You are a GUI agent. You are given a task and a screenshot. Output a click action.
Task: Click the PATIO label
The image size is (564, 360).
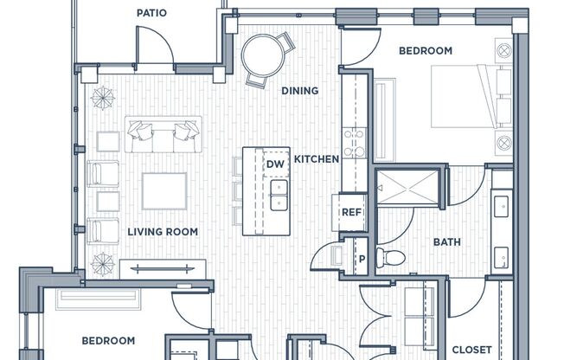151,13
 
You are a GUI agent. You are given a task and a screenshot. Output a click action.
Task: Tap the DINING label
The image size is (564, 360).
299,91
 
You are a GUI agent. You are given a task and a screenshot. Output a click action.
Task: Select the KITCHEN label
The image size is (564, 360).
317,159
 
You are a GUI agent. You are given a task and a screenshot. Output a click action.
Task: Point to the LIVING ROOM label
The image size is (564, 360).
163,232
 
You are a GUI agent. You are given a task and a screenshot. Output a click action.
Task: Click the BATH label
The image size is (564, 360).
446,242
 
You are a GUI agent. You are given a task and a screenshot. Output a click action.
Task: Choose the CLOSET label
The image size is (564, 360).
471,350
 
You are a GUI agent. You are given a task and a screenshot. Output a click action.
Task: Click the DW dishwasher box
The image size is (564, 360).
276,164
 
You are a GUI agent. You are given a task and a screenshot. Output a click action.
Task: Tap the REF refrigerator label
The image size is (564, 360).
351,212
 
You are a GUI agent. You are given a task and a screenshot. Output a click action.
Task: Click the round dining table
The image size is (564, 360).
263,55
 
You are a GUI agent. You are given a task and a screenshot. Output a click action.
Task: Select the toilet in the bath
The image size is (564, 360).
390,257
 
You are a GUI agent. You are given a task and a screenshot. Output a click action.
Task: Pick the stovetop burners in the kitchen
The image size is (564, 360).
355,143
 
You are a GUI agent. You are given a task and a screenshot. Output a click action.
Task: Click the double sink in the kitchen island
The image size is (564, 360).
279,195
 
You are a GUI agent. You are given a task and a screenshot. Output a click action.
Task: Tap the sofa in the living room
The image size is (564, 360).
163,134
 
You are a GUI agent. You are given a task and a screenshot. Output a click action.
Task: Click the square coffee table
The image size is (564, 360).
164,190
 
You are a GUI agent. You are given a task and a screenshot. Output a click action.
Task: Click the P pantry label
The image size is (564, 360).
362,259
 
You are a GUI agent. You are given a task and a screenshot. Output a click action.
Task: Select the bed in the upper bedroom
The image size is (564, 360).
471,96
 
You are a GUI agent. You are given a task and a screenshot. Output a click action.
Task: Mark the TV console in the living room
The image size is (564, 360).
163,268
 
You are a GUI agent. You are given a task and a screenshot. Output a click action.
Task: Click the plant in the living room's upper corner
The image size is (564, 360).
103,98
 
